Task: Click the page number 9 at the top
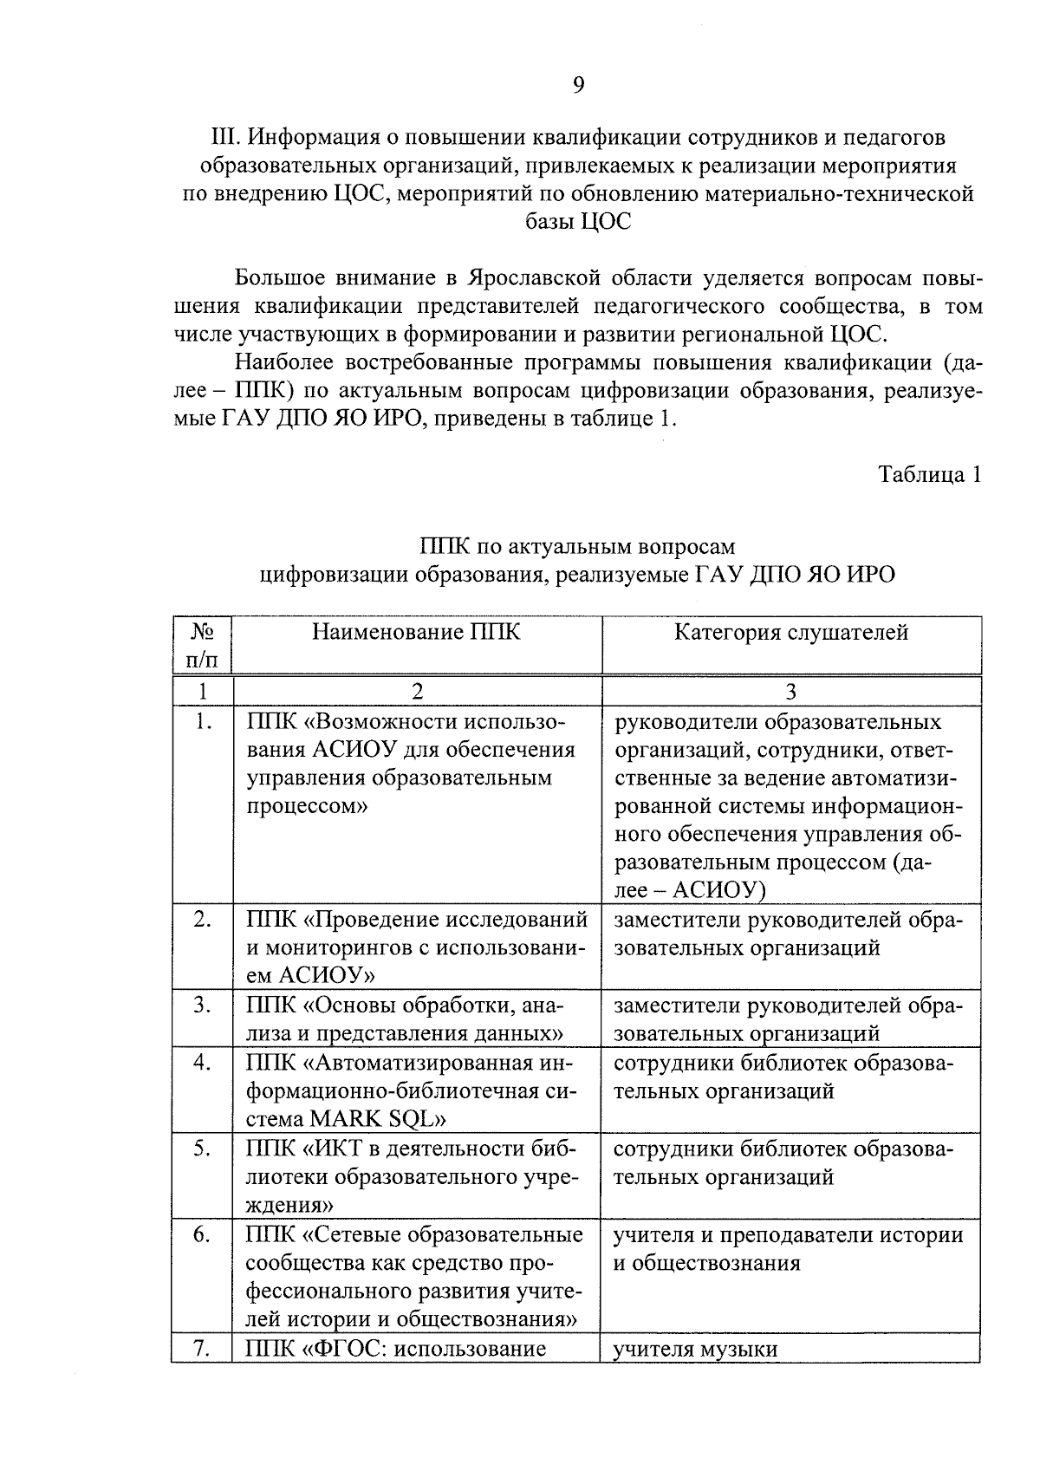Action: [578, 84]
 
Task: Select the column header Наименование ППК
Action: [416, 632]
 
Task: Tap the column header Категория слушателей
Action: [791, 632]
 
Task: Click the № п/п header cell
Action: [201, 646]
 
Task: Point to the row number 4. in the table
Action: [202, 1063]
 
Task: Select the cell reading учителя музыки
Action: [695, 1349]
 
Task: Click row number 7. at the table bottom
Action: [202, 1349]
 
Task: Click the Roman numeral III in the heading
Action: [225, 137]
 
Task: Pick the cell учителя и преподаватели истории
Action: [788, 1234]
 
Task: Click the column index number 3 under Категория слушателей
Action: [790, 691]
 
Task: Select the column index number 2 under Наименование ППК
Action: [417, 691]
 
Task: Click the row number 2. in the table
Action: [202, 920]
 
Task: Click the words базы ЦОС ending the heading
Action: [578, 222]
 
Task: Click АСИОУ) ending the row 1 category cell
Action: [718, 890]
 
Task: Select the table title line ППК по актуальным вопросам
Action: [577, 546]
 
